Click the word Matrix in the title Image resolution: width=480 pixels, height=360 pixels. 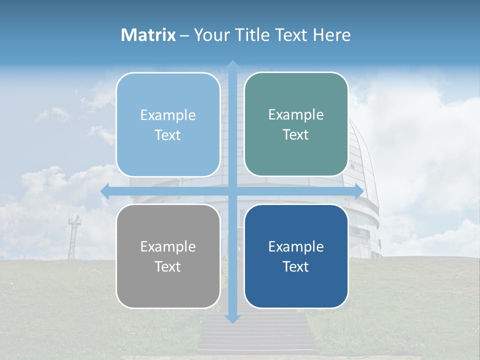pyautogui.click(x=148, y=35)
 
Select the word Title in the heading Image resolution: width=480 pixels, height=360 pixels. pyautogui.click(x=252, y=35)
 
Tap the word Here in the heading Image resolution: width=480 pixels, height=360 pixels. pyautogui.click(x=331, y=35)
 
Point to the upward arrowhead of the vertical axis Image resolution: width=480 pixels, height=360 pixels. pyautogui.click(x=232, y=64)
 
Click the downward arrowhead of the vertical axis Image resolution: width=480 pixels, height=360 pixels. pyautogui.click(x=232, y=318)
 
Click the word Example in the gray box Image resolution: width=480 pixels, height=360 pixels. pyautogui.click(x=168, y=246)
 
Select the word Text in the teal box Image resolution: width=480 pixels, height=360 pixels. pyautogui.click(x=296, y=135)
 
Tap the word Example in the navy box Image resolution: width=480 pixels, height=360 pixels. pyautogui.click(x=296, y=246)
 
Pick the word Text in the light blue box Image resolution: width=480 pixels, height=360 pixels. pyautogui.click(x=168, y=135)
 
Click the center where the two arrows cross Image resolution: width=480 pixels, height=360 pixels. pyautogui.click(x=232, y=191)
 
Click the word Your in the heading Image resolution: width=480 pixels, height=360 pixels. pyautogui.click(x=210, y=35)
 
